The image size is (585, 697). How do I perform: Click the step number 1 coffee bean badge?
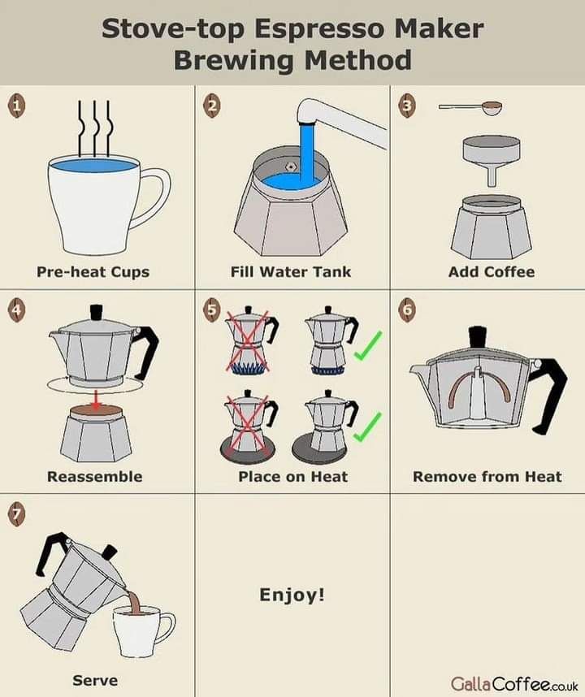pyautogui.click(x=16, y=106)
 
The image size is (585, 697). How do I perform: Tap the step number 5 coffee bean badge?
pyautogui.click(x=212, y=309)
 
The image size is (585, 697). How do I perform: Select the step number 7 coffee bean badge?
pyautogui.click(x=16, y=514)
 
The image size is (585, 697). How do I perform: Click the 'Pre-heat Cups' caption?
pyautogui.click(x=93, y=271)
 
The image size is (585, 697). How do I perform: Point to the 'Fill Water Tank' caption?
pyautogui.click(x=291, y=271)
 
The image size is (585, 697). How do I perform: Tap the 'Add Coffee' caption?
pyautogui.click(x=492, y=271)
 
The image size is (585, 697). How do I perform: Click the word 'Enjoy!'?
pyautogui.click(x=292, y=595)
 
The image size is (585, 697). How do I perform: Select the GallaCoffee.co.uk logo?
pyautogui.click(x=514, y=682)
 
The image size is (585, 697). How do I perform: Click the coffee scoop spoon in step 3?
pyautogui.click(x=471, y=108)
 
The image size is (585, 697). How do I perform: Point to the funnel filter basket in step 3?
pyautogui.click(x=492, y=160)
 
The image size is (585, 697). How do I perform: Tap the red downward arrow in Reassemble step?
pyautogui.click(x=96, y=399)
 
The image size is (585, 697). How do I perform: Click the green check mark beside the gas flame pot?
pyautogui.click(x=368, y=345)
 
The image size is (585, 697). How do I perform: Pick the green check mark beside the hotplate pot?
pyautogui.click(x=367, y=426)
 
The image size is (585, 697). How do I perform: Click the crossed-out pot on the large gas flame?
pyautogui.click(x=249, y=340)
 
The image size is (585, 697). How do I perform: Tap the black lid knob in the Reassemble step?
pyautogui.click(x=97, y=312)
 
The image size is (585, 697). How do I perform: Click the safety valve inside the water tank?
pyautogui.click(x=291, y=167)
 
